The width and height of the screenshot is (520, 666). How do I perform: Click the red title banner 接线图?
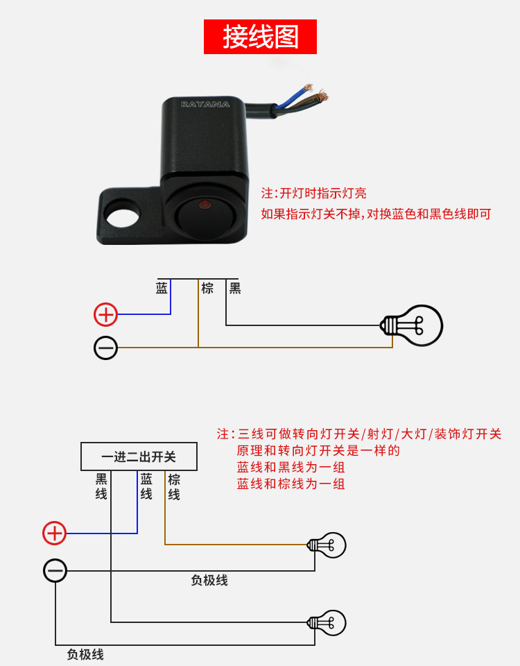[x=260, y=37]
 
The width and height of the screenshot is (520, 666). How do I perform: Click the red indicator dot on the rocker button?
[x=205, y=205]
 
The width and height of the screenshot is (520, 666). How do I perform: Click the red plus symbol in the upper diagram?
[x=106, y=314]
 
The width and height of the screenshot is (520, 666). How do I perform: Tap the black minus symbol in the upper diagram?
[x=106, y=348]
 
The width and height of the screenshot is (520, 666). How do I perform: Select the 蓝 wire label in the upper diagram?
[x=162, y=289]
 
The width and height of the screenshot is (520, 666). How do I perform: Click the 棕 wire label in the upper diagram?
[x=207, y=289]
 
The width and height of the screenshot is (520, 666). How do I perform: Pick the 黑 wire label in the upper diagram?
[x=235, y=289]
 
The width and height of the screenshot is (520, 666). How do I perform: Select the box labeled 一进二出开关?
[x=139, y=457]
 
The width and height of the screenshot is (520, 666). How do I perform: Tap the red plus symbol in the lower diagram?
[x=55, y=533]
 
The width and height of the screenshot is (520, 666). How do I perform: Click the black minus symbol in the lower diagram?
[x=55, y=571]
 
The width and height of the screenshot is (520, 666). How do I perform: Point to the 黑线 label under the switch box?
[x=101, y=486]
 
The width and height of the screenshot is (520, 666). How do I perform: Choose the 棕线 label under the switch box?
[x=174, y=486]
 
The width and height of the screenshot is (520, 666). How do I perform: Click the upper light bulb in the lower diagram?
[x=328, y=545]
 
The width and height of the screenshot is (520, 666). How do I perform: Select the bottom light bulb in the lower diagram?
[x=328, y=622]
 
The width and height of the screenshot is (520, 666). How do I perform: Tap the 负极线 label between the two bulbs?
[x=209, y=581]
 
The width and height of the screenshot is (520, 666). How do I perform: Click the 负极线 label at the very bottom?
[x=85, y=654]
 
